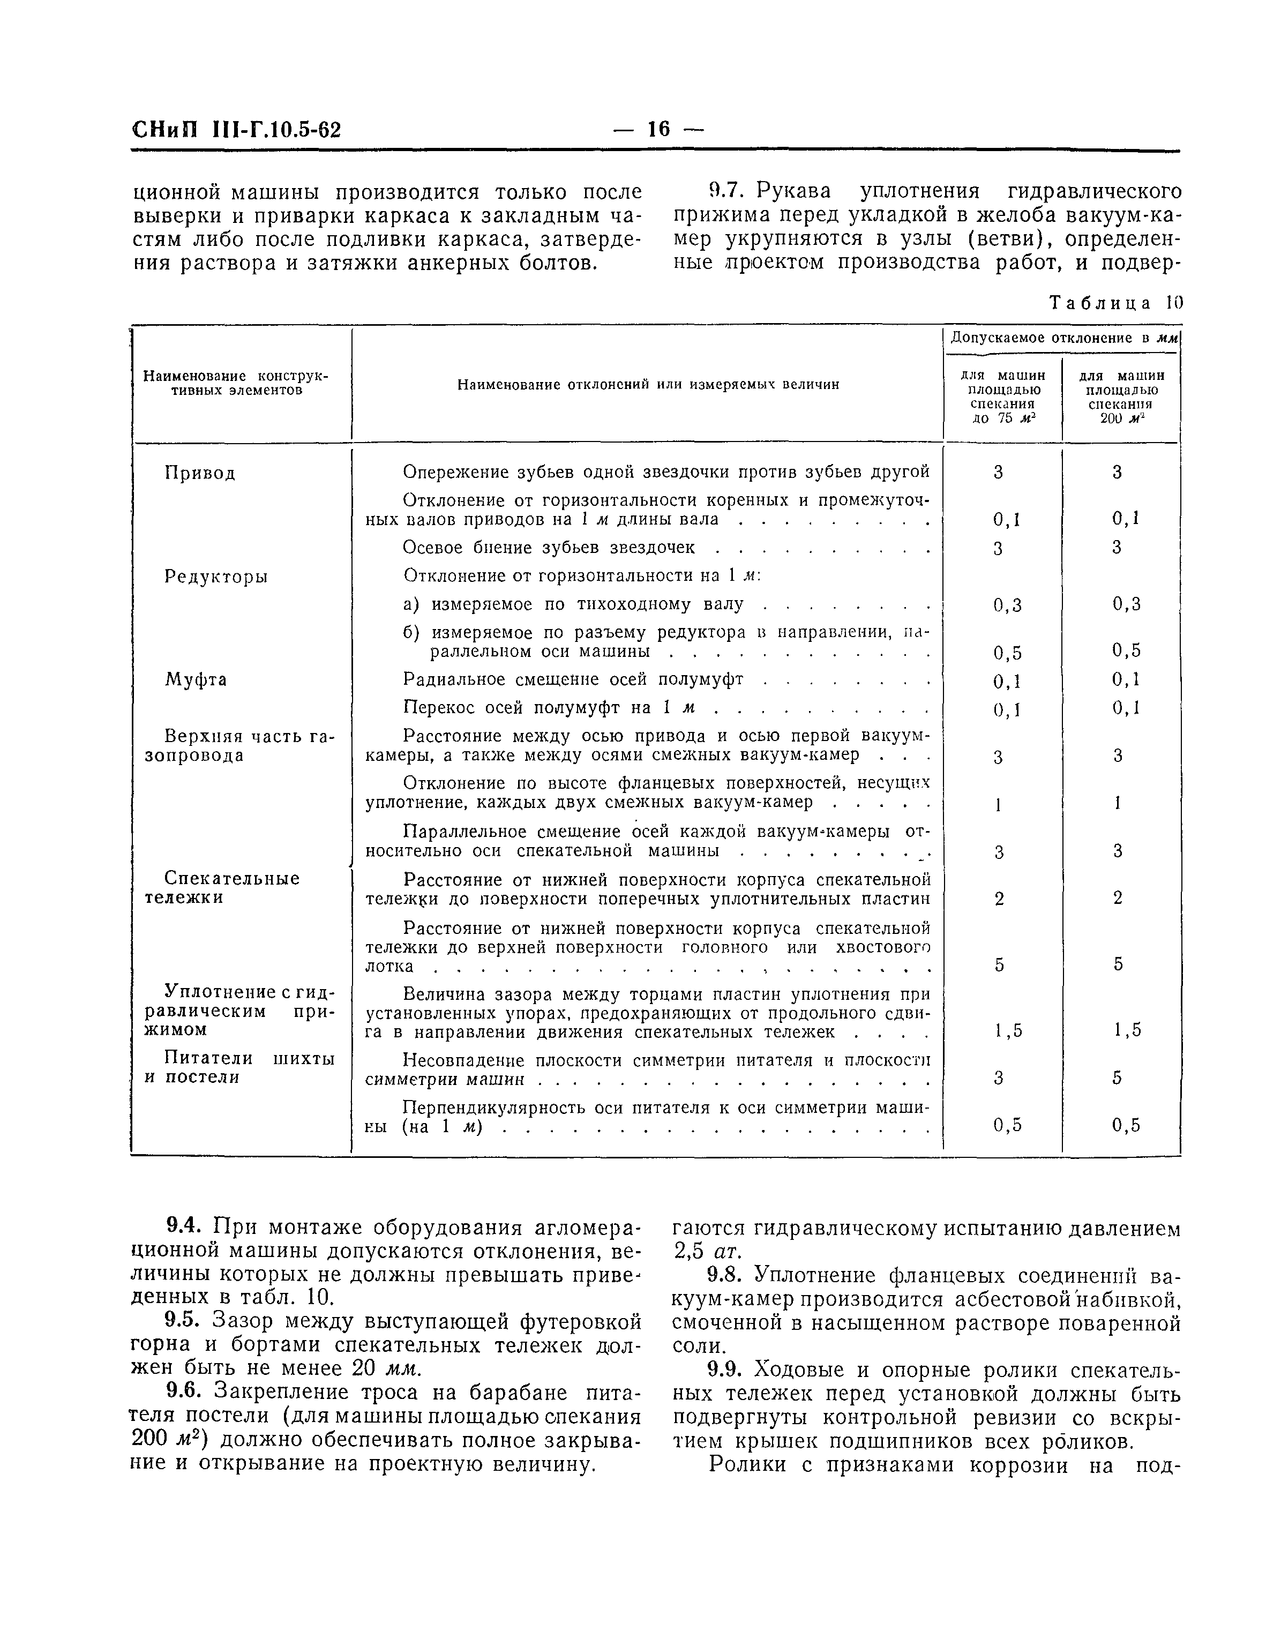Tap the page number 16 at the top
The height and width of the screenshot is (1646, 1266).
(x=657, y=129)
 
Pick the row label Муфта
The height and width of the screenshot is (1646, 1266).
(x=196, y=680)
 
